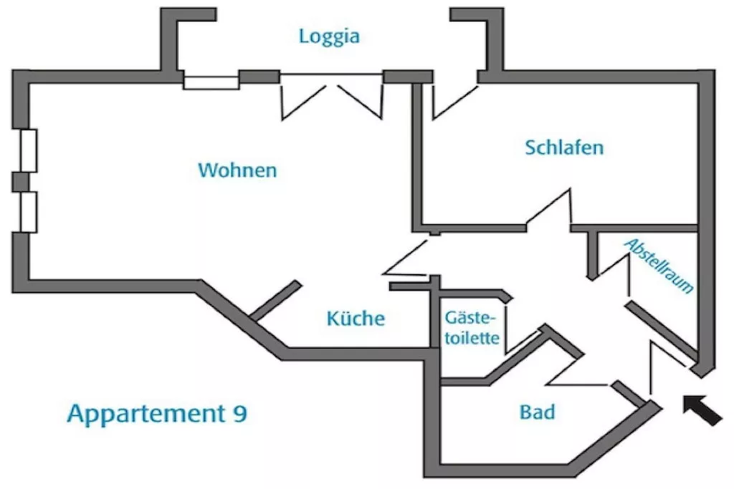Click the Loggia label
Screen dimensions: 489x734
[329, 37]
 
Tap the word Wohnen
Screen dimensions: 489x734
[237, 170]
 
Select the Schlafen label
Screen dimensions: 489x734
[564, 147]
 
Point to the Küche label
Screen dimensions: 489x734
[356, 319]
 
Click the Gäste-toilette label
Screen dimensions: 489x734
[471, 328]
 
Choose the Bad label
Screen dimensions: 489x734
[537, 412]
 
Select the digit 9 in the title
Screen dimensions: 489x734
[239, 414]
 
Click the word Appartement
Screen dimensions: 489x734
[146, 415]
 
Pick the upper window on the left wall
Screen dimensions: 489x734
[28, 150]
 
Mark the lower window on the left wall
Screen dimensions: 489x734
[28, 211]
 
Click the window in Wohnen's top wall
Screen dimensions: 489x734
[211, 80]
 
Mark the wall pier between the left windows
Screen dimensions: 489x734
[22, 181]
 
